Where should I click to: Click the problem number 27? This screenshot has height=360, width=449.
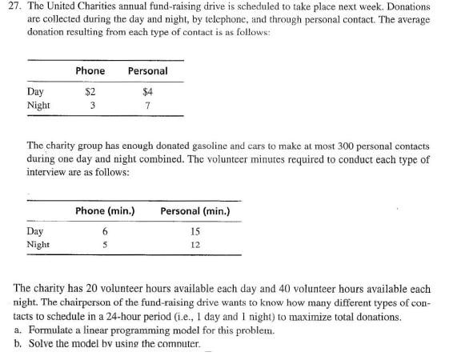[x=14, y=6]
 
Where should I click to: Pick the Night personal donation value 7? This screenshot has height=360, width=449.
[x=146, y=105]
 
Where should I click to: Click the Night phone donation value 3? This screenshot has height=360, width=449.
[x=92, y=105]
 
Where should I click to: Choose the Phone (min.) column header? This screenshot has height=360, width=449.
[x=104, y=211]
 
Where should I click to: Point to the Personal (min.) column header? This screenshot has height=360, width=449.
[x=195, y=211]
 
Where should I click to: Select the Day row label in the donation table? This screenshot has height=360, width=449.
[x=35, y=91]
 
